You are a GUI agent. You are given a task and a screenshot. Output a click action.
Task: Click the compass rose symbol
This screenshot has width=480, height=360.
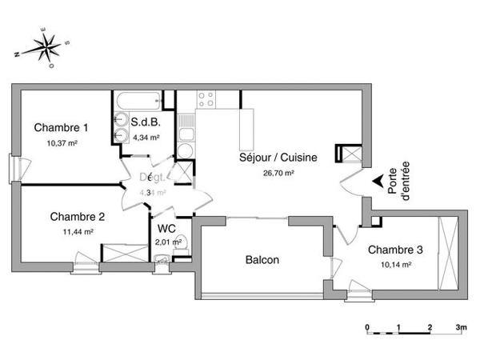45,47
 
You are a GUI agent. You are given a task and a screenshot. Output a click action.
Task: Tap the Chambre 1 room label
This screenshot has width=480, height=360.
61,128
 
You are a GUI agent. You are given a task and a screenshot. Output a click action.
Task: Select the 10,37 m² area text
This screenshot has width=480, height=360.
61,143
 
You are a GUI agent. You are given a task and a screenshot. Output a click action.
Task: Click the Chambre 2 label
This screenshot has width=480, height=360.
78,217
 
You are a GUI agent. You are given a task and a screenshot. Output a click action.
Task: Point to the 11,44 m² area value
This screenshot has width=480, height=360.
78,231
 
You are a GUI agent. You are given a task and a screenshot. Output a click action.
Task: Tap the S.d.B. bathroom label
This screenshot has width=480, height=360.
146,123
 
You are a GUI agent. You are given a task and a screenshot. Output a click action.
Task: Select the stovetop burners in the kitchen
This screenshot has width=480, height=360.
206,100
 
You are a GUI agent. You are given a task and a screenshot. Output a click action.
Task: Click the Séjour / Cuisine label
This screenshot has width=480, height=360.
278,158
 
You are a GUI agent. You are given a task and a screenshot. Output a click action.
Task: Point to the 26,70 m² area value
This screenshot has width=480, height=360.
278,172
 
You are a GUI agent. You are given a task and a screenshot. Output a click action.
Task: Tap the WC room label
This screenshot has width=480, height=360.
167,228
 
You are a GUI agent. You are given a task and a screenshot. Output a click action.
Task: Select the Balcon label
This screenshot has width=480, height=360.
262,260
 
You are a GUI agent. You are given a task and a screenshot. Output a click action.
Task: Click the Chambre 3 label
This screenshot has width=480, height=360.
395,250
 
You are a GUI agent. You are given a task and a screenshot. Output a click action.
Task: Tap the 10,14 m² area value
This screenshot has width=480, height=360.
394,264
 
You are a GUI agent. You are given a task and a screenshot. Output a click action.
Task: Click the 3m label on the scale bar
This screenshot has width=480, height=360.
461,328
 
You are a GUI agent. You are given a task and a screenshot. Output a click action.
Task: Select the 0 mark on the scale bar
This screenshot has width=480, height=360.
367,328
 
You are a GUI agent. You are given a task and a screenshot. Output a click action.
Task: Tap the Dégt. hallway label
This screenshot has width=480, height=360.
152,178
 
